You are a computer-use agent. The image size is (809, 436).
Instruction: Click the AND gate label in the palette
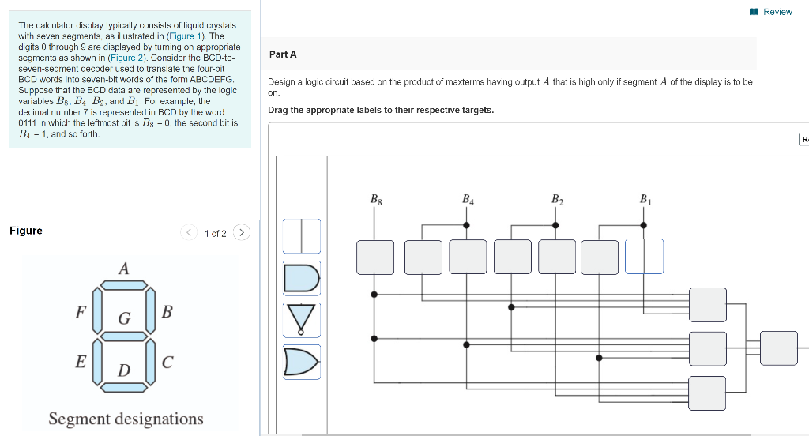[302, 278]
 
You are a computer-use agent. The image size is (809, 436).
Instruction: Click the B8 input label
[375, 200]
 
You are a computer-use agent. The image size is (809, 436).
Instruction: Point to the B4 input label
[467, 200]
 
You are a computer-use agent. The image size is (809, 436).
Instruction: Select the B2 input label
[557, 200]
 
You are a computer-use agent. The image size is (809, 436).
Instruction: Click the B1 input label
[645, 200]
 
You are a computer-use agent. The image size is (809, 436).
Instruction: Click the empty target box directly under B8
[375, 257]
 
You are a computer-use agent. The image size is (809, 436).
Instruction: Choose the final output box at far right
[779, 348]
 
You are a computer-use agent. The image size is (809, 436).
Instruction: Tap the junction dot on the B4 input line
[466, 225]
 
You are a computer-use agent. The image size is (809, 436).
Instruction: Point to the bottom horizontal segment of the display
[123, 386]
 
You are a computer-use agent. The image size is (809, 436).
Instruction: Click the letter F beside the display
[80, 311]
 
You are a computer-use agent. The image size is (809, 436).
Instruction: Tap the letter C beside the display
[167, 363]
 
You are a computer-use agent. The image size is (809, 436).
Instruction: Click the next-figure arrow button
[242, 232]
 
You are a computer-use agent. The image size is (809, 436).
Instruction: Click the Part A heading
[283, 54]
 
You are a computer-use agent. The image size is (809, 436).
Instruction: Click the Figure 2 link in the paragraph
[127, 58]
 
